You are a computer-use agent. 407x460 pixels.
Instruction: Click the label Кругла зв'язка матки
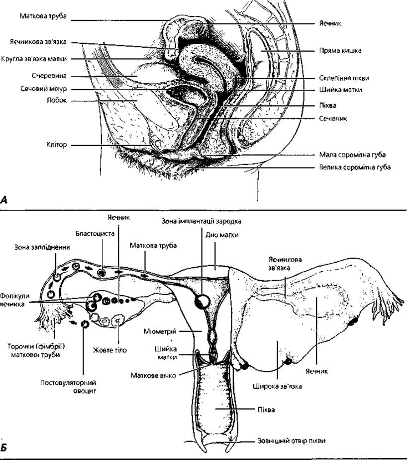(34, 59)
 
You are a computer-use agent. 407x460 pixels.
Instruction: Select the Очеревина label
(49, 76)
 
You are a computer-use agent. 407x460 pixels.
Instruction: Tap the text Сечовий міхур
(44, 89)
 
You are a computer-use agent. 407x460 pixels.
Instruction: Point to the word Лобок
(57, 101)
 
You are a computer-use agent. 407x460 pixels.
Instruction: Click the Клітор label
(57, 145)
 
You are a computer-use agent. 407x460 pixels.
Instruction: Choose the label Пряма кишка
(340, 51)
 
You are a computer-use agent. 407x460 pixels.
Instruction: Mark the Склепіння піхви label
(344, 78)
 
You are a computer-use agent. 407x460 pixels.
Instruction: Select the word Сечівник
(333, 119)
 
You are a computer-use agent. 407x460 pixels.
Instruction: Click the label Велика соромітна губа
(355, 167)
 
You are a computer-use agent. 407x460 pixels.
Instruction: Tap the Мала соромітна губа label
(352, 154)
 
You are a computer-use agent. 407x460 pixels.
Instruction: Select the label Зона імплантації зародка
(202, 221)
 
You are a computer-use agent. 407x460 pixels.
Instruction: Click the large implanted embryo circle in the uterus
(203, 301)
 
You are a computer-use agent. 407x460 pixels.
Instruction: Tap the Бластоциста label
(95, 234)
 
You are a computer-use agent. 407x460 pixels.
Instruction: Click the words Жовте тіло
(110, 350)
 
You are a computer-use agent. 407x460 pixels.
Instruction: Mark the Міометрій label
(160, 331)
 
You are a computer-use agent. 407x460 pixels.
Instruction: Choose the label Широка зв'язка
(277, 386)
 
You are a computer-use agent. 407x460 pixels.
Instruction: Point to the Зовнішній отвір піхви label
(292, 441)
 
